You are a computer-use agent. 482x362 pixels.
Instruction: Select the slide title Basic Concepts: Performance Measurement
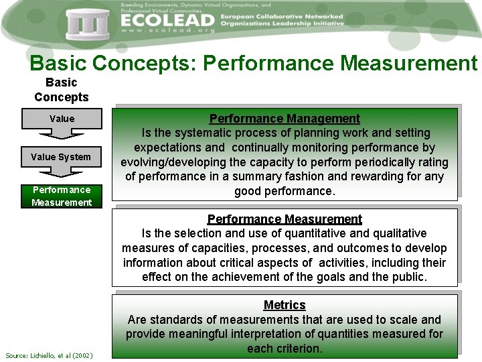[x=253, y=63]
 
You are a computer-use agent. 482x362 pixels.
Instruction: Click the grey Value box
[x=62, y=119]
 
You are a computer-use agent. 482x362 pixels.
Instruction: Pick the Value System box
[x=61, y=157]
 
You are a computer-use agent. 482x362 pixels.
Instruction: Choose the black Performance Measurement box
[x=62, y=196]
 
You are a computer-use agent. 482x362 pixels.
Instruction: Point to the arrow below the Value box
[x=62, y=134]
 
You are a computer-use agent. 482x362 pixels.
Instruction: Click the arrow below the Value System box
[x=62, y=172]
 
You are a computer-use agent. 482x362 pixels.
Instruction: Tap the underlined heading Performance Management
[x=285, y=119]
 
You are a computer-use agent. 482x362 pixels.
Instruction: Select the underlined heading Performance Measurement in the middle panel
[x=285, y=219]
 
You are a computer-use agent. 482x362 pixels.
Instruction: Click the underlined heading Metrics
[x=285, y=305]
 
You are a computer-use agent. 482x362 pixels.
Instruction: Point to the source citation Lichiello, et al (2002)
[x=49, y=355]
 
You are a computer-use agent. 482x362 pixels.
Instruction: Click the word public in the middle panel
[x=407, y=277]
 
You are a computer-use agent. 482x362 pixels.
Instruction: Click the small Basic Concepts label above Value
[x=62, y=90]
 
